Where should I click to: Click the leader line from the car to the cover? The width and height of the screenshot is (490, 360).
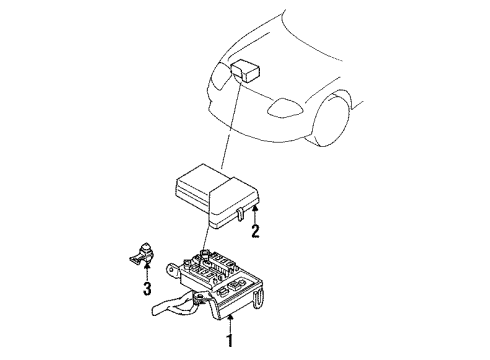coord(230,130)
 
